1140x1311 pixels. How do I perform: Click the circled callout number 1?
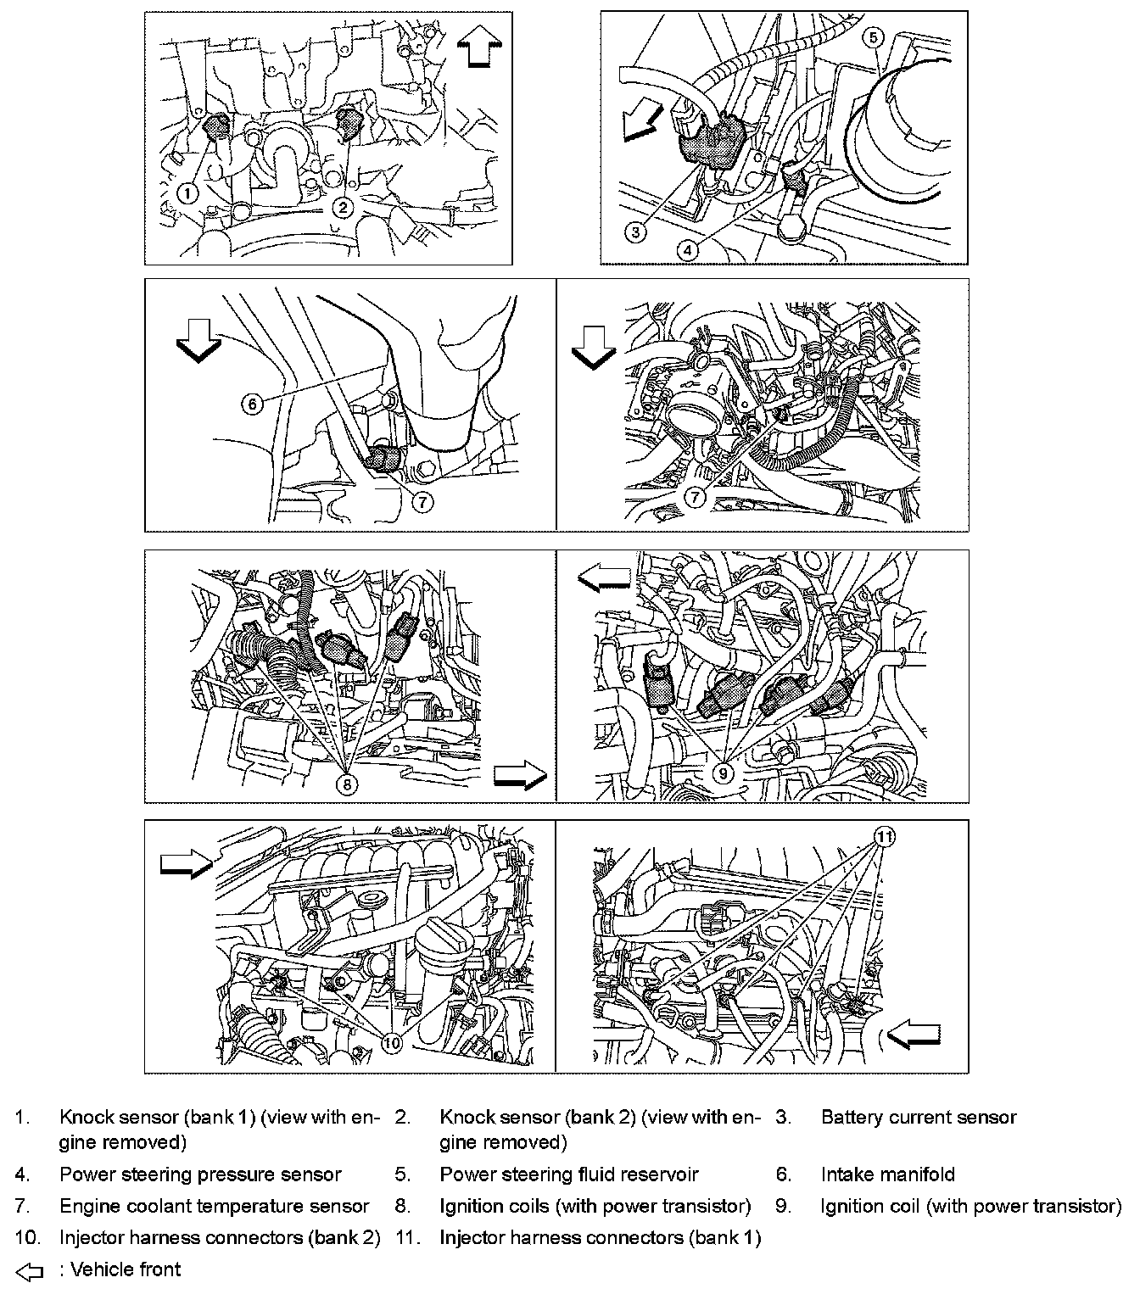pos(188,193)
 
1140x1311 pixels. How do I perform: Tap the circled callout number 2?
pos(342,206)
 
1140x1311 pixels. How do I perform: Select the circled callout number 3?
pos(637,230)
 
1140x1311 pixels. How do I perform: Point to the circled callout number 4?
pos(689,249)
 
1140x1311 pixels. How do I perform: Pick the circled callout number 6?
pos(252,404)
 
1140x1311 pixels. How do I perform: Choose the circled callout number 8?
pos(345,784)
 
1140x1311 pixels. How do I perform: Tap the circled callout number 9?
pos(724,772)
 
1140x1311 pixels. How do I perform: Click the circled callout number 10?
pos(391,1043)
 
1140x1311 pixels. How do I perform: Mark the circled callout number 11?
pos(884,838)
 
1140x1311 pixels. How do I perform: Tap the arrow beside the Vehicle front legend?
pos(29,1271)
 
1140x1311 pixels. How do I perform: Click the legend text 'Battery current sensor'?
pos(918,1118)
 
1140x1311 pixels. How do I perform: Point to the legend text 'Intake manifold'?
pos(887,1174)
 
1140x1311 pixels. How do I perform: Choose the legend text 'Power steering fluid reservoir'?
pos(568,1174)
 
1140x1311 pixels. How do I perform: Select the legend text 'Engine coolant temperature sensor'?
pos(214,1206)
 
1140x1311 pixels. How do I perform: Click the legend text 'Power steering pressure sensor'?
pos(200,1174)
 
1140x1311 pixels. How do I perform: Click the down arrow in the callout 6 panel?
pos(198,344)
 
